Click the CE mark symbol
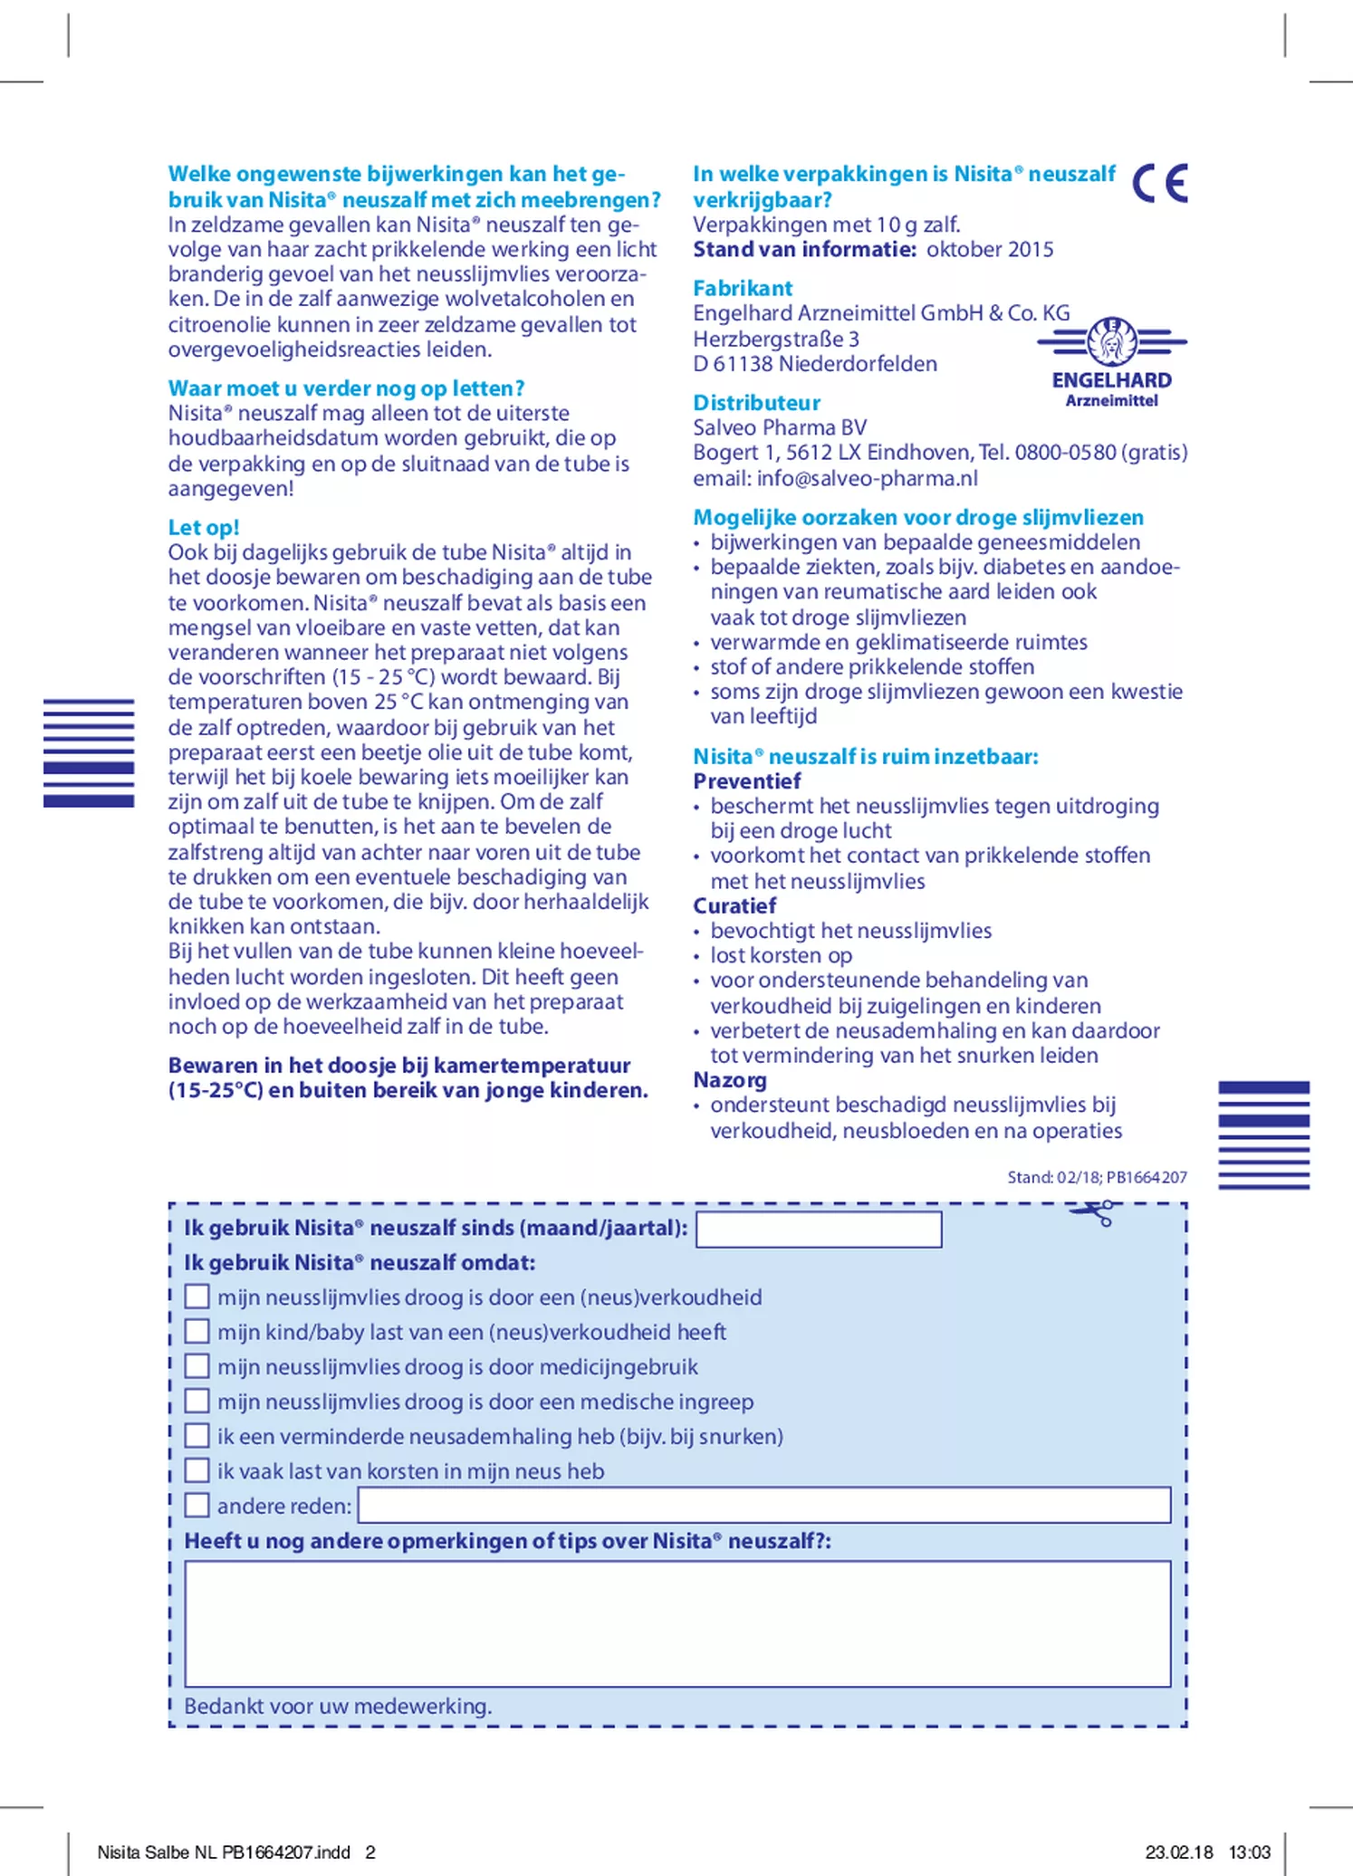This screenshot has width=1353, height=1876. click(x=1160, y=184)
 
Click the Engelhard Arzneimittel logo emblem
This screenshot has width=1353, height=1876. click(x=1112, y=342)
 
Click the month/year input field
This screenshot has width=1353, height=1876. click(x=819, y=1230)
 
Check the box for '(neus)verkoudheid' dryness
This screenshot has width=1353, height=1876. click(x=197, y=1297)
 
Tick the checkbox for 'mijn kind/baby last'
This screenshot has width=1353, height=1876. click(x=197, y=1332)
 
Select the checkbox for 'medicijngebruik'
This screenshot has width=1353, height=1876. click(x=197, y=1366)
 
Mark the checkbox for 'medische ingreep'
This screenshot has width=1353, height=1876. click(x=197, y=1402)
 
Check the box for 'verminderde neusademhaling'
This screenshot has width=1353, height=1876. click(x=197, y=1436)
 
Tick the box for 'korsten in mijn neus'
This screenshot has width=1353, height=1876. click(x=197, y=1470)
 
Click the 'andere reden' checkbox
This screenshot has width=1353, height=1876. click(x=197, y=1506)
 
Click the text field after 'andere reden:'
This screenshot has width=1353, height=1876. click(x=764, y=1506)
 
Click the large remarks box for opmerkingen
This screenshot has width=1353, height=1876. click(x=677, y=1624)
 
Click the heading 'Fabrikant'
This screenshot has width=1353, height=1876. click(x=743, y=288)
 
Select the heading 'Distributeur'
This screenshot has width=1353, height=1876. click(x=756, y=403)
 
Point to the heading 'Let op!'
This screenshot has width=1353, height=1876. click(x=204, y=528)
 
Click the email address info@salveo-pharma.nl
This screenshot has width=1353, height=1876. click(x=868, y=478)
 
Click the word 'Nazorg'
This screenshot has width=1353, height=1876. click(x=730, y=1080)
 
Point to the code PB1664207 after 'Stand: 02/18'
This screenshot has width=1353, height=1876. click(x=1147, y=1177)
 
